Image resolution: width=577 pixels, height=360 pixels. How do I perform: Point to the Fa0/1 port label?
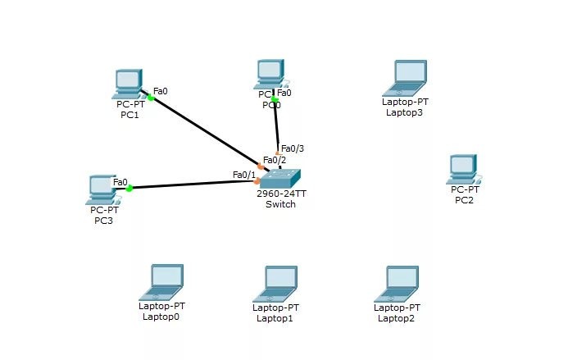pos(243,175)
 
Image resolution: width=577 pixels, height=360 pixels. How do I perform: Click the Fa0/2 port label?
pos(274,160)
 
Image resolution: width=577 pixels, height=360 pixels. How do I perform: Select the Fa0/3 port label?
pos(293,148)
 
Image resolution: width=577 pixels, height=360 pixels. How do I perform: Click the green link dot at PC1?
pos(151,98)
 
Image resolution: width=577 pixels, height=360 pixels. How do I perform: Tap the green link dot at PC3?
pos(129,189)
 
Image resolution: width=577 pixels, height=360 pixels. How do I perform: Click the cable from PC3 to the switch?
pos(193,185)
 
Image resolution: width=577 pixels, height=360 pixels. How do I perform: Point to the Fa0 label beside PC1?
pos(161,91)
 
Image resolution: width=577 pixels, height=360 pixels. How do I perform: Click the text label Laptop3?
pos(404,112)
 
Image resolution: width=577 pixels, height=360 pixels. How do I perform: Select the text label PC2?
pos(464,200)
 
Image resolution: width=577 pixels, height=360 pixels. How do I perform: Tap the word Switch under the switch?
pos(280,204)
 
